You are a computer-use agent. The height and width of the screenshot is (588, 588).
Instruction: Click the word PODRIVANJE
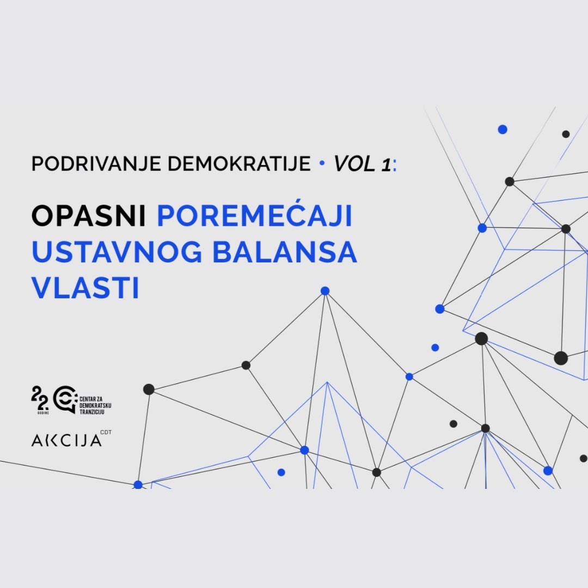click(x=96, y=164)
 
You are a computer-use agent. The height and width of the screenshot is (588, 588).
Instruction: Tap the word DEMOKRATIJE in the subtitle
click(x=239, y=164)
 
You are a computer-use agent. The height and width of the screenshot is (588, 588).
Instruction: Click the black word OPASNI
click(x=89, y=216)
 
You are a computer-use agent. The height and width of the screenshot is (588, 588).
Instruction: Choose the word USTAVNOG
click(x=117, y=252)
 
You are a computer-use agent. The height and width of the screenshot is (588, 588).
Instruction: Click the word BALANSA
click(x=285, y=252)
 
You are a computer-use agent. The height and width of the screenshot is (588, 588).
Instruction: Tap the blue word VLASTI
click(x=85, y=287)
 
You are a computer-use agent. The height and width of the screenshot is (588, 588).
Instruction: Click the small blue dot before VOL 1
click(x=322, y=163)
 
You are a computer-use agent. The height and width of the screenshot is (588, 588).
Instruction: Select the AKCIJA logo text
click(x=66, y=440)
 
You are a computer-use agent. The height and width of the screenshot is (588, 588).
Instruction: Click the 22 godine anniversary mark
click(x=40, y=400)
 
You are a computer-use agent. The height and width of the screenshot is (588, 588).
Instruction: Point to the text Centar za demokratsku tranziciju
click(x=95, y=406)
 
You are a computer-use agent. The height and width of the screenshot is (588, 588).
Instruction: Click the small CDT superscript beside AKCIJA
click(x=106, y=432)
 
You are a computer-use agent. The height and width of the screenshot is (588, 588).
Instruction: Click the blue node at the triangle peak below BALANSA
click(x=325, y=291)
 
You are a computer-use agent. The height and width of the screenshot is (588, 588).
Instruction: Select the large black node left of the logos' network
click(x=149, y=389)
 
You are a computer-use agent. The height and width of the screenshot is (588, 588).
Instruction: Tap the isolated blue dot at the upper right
click(x=503, y=130)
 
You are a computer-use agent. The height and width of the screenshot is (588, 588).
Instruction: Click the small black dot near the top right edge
click(x=566, y=134)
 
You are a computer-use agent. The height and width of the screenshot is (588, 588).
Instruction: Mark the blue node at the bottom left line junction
click(x=138, y=485)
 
